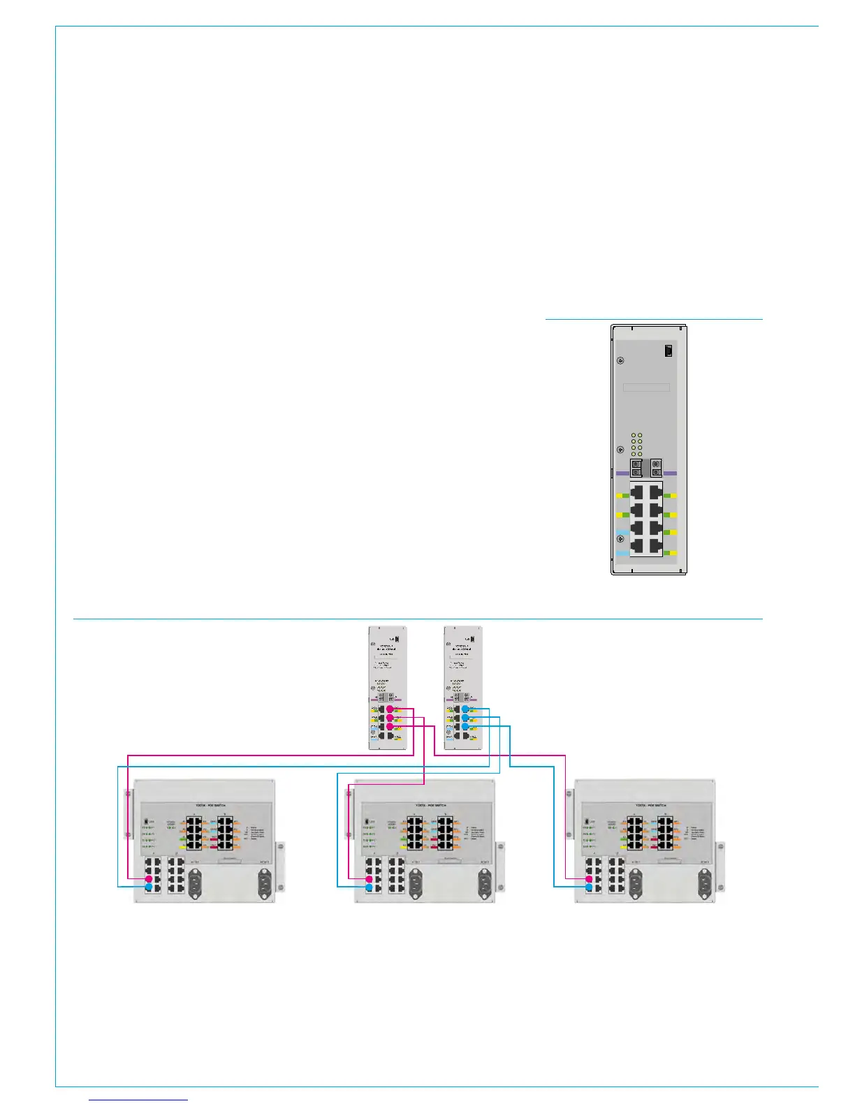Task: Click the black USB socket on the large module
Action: pos(668,351)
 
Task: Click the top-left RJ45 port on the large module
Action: pos(637,493)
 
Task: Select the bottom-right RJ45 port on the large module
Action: pos(655,545)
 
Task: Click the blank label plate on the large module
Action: pos(646,388)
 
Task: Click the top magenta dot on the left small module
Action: pos(390,709)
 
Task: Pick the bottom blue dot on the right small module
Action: pos(465,727)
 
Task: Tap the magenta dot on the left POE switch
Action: pos(149,878)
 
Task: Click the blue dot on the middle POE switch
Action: pos(369,887)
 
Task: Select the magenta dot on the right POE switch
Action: pos(589,878)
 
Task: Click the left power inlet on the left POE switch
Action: pos(194,883)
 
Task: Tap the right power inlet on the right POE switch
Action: pos(705,883)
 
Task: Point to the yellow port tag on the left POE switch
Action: pos(183,846)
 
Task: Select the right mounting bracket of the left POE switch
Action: pos(280,866)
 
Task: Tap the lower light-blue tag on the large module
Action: pos(621,553)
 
